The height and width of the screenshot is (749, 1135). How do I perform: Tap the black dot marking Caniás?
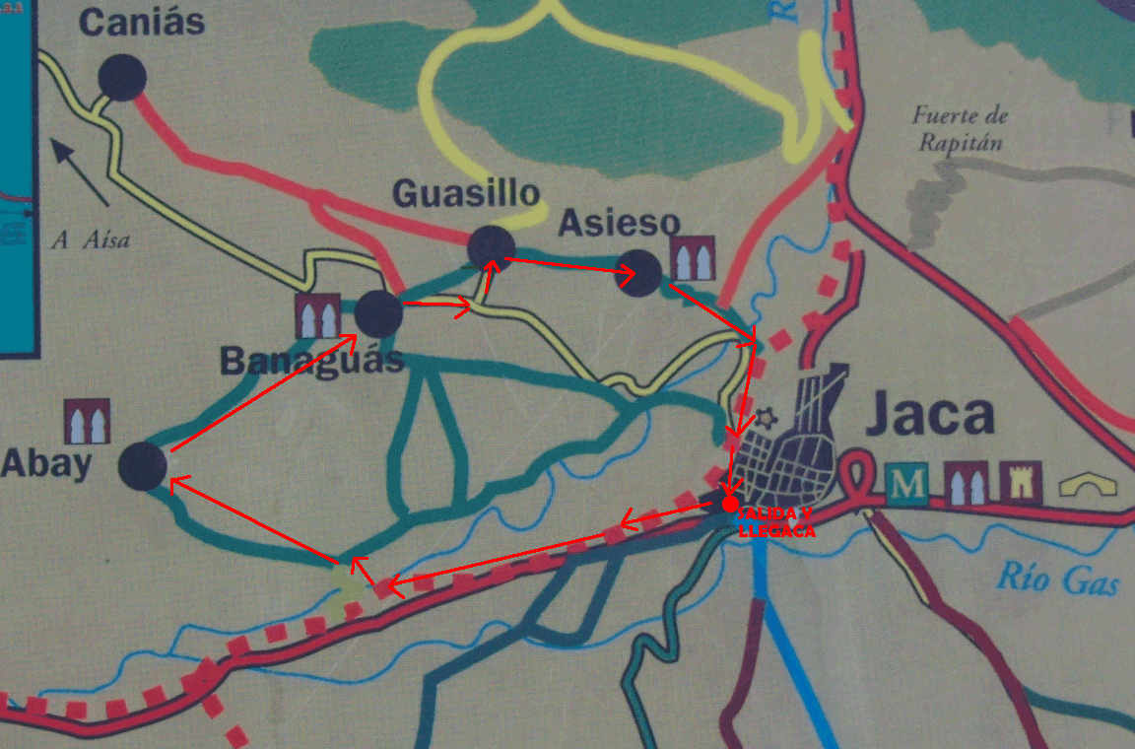pos(122,76)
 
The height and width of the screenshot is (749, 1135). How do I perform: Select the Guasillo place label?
pos(467,193)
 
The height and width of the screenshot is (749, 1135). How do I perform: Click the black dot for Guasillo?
pos(491,247)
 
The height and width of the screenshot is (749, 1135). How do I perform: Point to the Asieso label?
pos(619,224)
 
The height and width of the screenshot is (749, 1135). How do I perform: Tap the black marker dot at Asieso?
pos(638,272)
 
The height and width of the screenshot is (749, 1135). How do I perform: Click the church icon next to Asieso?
pos(694,258)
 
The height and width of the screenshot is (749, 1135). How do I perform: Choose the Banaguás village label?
pos(311,360)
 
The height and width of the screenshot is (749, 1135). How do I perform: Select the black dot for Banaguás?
pos(378,313)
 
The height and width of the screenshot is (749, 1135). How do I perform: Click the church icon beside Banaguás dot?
pos(318,316)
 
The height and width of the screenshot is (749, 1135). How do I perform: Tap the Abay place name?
pos(46,463)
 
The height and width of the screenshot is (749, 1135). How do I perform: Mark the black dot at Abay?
pos(142,466)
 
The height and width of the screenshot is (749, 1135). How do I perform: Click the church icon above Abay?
pos(87,421)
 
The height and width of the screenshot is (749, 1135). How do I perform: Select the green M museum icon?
pos(906,484)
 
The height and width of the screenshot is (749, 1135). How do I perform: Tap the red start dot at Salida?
pos(730,504)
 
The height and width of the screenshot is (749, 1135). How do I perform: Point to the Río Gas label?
pos(1059,579)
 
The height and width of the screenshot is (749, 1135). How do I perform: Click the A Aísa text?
pos(92,239)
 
